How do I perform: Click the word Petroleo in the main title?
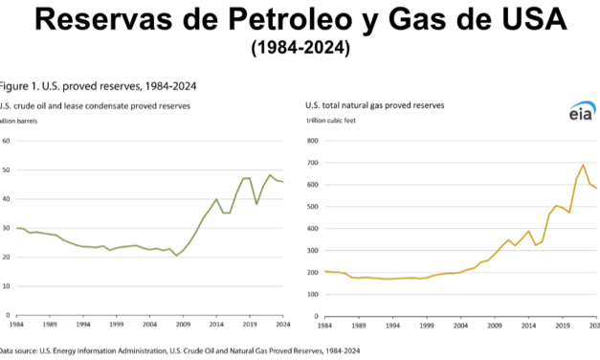click(257, 20)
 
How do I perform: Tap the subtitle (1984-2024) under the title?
click(299, 47)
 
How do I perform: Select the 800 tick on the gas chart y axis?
click(312, 141)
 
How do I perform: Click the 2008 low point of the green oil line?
click(175, 256)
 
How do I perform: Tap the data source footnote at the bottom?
click(182, 351)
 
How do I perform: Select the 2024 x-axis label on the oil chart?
click(285, 325)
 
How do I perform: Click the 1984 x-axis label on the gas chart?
click(324, 325)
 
